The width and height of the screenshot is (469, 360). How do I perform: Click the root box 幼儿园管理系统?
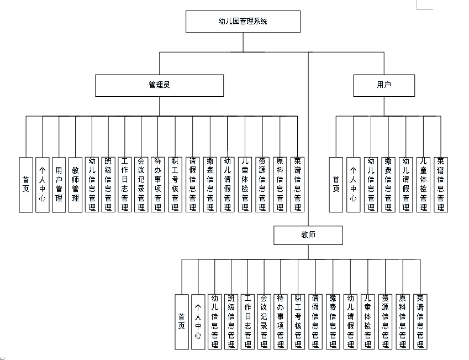click(243, 22)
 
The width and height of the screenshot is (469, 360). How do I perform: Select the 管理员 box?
click(159, 85)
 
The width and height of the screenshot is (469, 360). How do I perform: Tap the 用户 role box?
click(384, 85)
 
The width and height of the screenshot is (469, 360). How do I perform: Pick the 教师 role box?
click(308, 235)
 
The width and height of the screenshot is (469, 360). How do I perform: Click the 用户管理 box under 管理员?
click(59, 184)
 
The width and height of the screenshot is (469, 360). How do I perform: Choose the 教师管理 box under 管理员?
click(76, 184)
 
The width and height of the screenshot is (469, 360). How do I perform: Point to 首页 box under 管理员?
click(26, 184)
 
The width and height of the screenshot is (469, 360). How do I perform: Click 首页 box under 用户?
click(336, 184)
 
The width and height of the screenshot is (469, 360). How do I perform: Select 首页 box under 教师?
click(182, 322)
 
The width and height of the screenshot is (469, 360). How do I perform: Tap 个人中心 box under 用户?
click(353, 184)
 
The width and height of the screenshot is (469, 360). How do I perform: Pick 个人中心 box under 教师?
click(198, 322)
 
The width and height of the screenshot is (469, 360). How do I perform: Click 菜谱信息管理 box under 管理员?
click(298, 184)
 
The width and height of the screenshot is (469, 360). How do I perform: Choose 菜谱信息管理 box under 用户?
click(440, 184)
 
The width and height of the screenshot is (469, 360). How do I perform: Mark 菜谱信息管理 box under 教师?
click(420, 322)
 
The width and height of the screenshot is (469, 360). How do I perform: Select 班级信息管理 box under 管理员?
click(108, 184)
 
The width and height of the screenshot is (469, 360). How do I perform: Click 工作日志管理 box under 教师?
click(248, 322)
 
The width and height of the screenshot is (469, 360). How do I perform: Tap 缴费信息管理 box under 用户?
click(388, 184)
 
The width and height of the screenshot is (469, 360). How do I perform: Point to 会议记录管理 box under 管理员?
click(141, 184)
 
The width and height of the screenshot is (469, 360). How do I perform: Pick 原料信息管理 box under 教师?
click(403, 322)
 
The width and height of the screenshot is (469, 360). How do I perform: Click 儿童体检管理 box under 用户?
click(423, 184)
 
